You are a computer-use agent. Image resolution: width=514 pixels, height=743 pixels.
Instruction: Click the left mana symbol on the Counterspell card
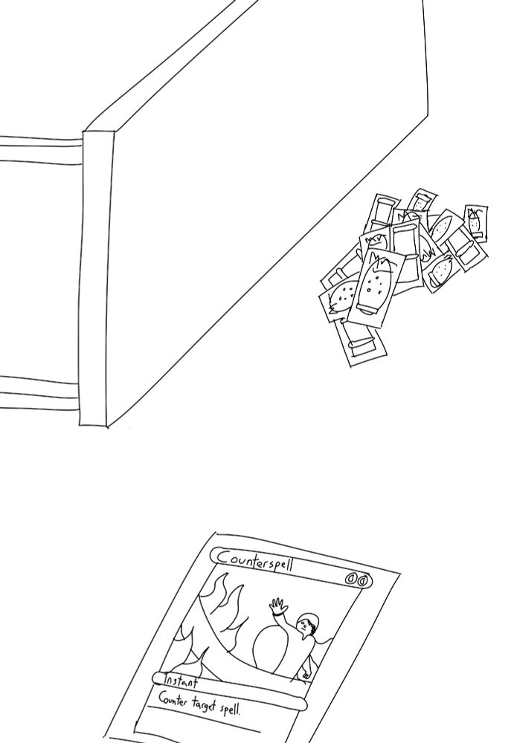pyautogui.click(x=350, y=578)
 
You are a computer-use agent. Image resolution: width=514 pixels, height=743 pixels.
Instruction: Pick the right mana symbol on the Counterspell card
pyautogui.click(x=362, y=580)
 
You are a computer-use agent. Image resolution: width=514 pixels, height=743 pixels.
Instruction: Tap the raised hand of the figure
pyautogui.click(x=278, y=606)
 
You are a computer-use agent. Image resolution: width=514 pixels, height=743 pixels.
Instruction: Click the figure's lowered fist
pyautogui.click(x=306, y=673)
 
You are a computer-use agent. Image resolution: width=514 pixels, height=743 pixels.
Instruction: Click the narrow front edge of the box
pyautogui.click(x=97, y=278)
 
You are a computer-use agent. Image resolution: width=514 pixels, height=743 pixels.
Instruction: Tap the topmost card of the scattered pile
pyautogui.click(x=423, y=202)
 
